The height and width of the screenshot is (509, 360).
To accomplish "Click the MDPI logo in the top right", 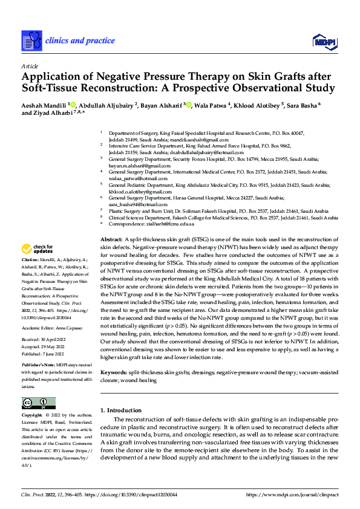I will point(323,41).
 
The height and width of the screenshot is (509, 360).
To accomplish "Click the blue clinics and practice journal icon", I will point(31,41).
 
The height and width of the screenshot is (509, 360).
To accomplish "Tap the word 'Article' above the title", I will point(30,65).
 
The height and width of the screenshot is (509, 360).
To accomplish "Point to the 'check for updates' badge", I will point(37,249).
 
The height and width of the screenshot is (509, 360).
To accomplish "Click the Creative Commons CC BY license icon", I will point(38,403).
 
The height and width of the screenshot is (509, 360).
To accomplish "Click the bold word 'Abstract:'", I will point(111,240).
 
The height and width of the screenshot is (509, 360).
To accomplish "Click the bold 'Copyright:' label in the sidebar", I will point(33,416).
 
